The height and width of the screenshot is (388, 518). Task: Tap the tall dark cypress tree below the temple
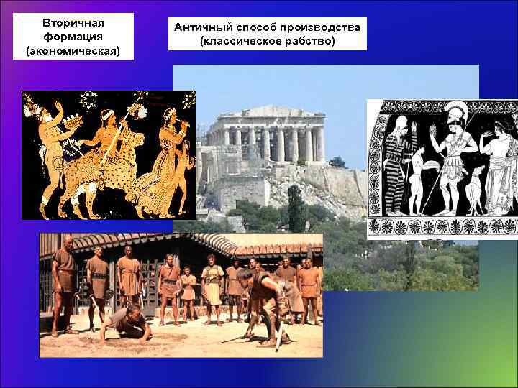(x=295, y=208)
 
